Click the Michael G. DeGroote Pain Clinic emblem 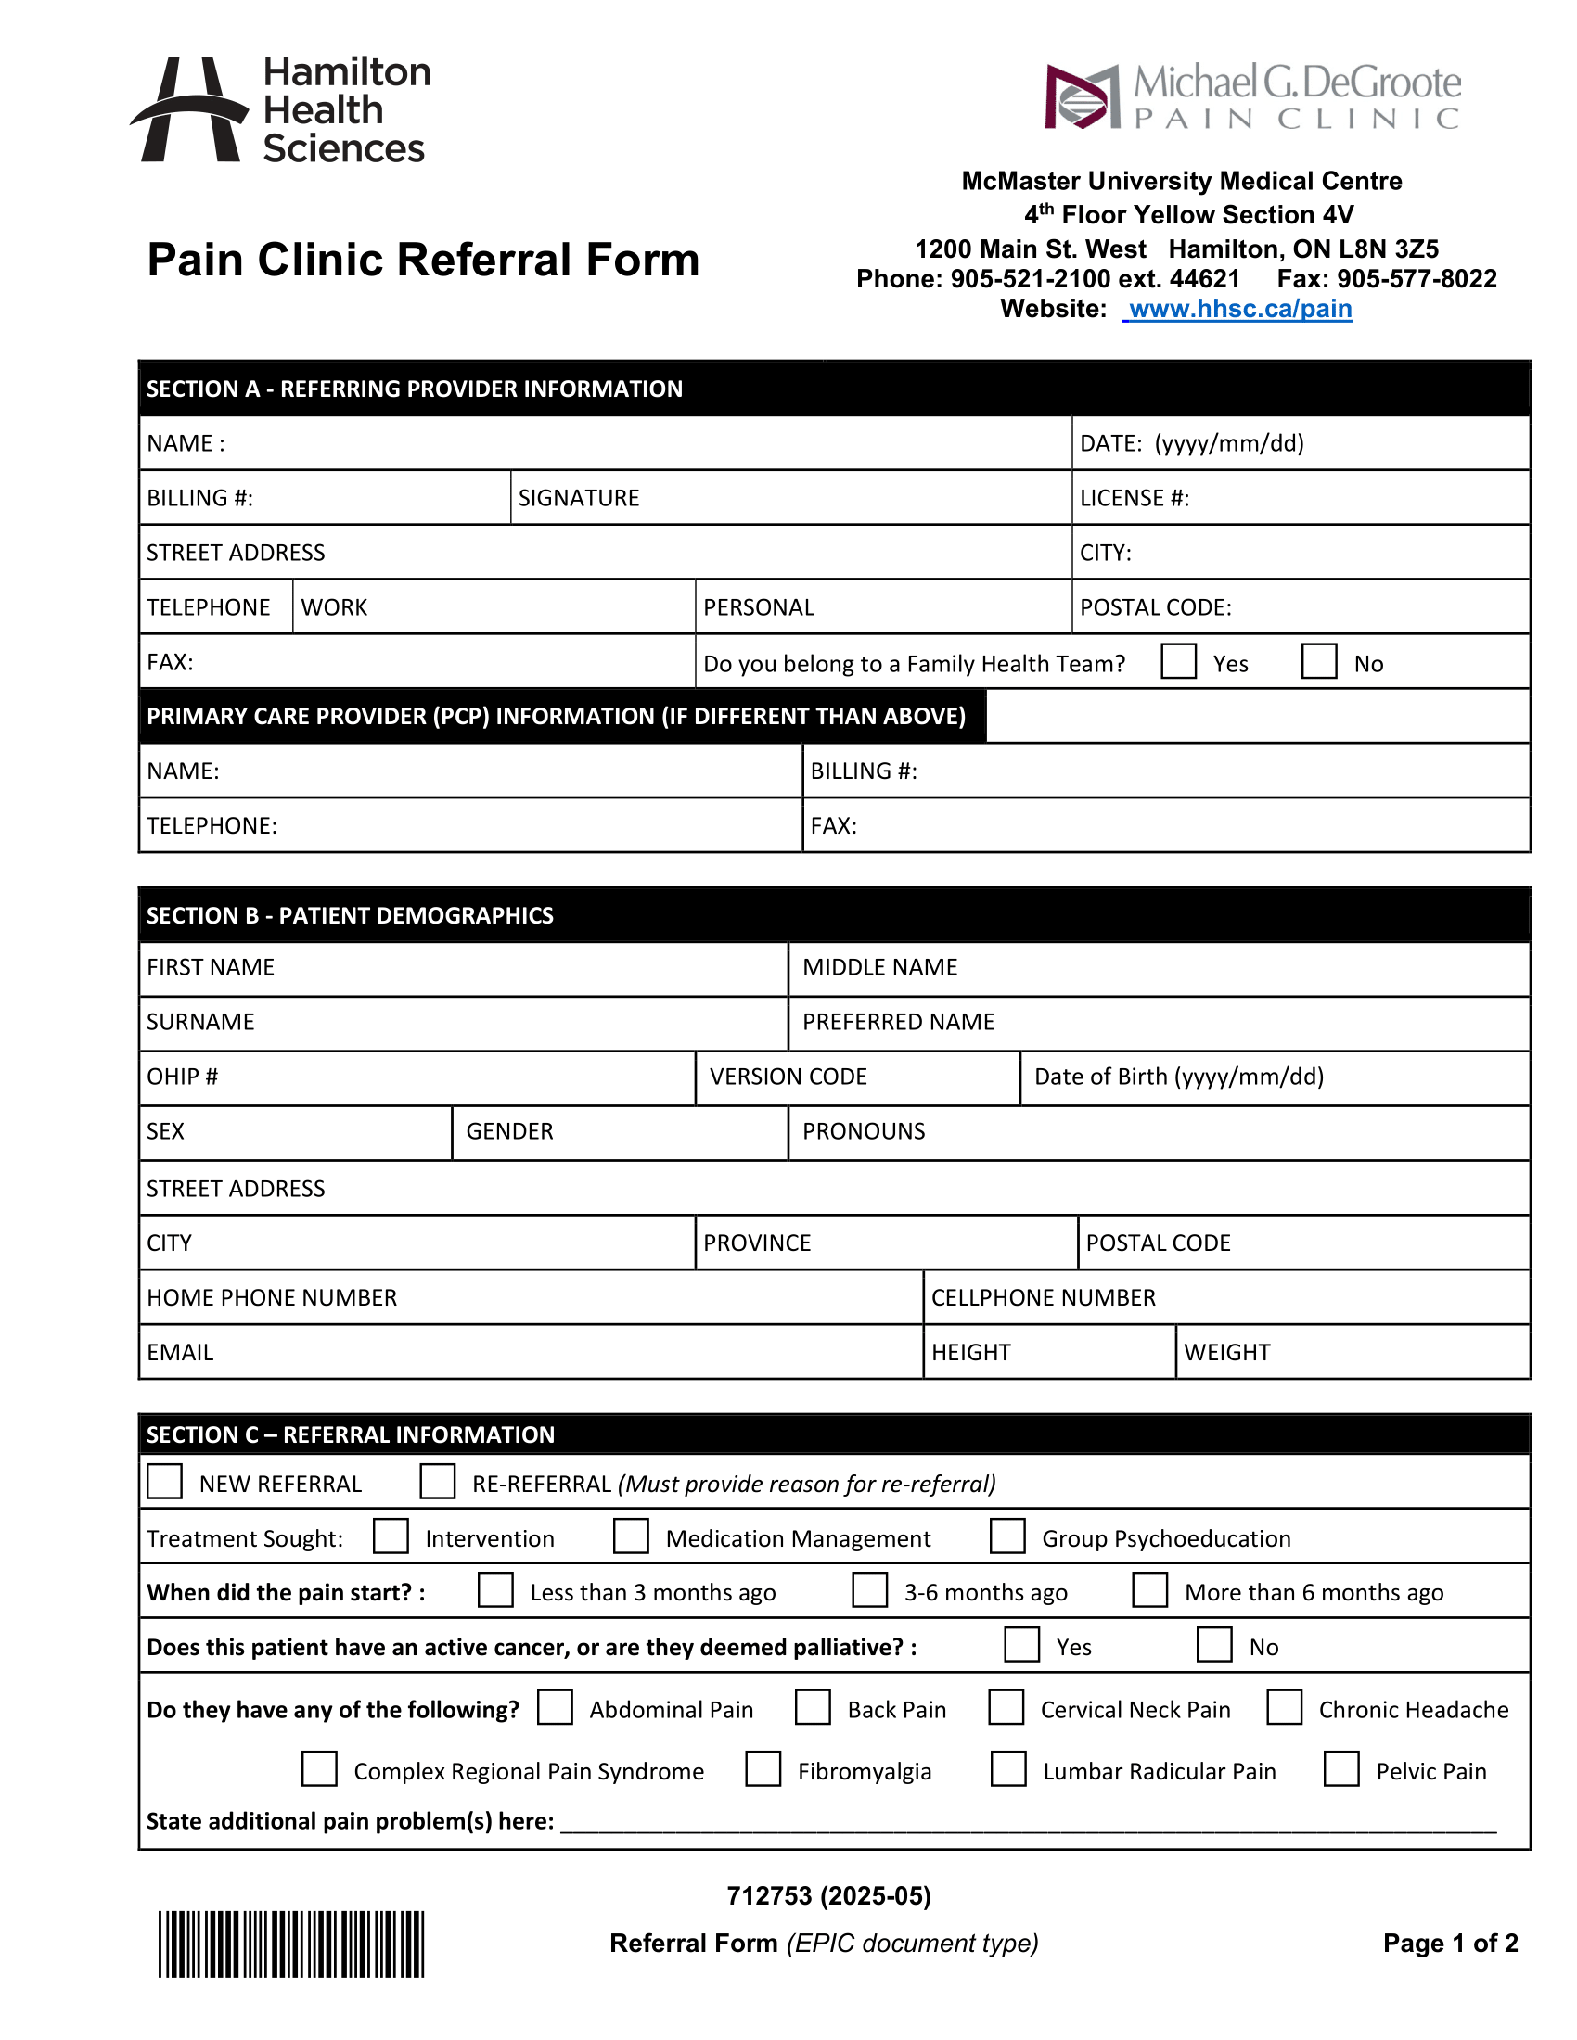click(x=1082, y=96)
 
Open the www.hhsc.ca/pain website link click(x=1238, y=309)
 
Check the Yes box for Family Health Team click(x=1178, y=661)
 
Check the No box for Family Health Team click(x=1319, y=661)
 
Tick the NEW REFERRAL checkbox click(x=165, y=1482)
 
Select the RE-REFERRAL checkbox click(x=437, y=1482)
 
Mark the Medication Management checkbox click(x=631, y=1536)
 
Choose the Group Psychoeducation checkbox click(x=1007, y=1536)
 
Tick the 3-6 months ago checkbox click(x=870, y=1589)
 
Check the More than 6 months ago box click(x=1150, y=1589)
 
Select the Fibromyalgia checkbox click(x=763, y=1769)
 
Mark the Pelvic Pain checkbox click(x=1341, y=1769)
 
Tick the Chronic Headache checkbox click(x=1285, y=1707)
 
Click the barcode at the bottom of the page click(x=290, y=1944)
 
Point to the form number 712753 click(x=770, y=1896)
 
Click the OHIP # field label click(x=182, y=1077)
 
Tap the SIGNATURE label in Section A click(x=578, y=498)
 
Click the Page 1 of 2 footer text click(x=1450, y=1944)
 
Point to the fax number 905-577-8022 click(x=1417, y=279)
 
